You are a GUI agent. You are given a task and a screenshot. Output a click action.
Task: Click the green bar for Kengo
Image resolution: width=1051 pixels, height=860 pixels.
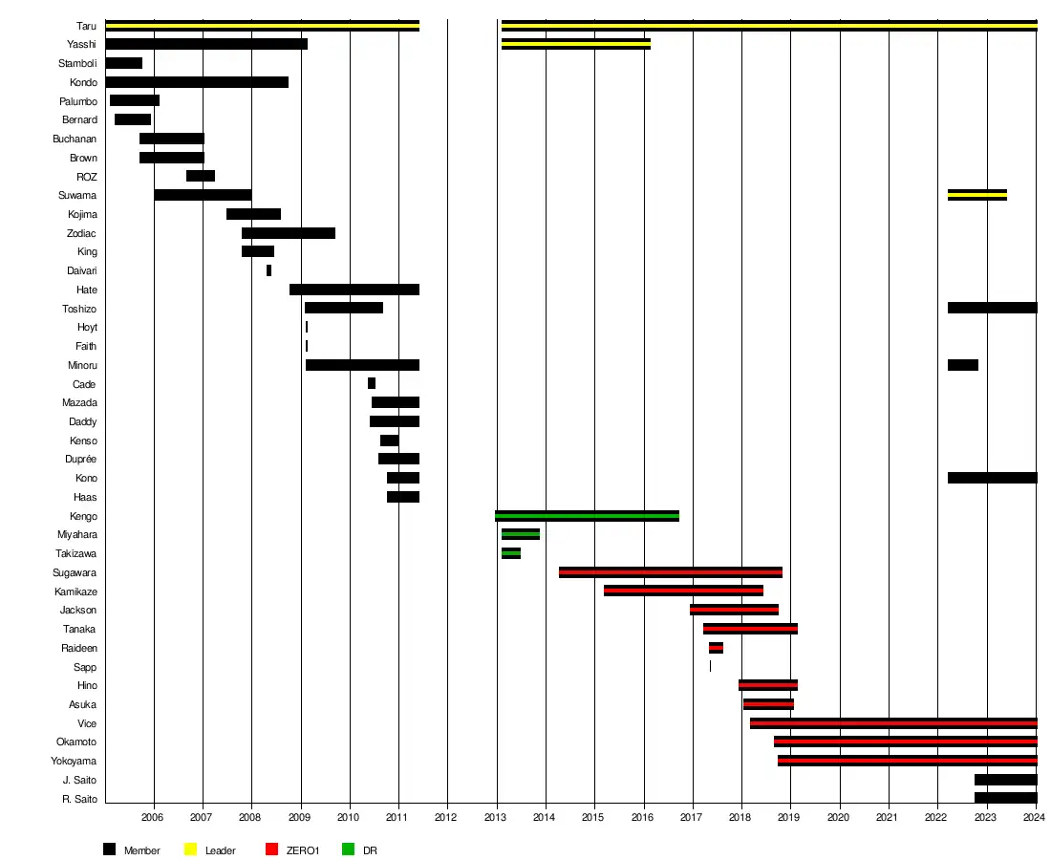pos(587,516)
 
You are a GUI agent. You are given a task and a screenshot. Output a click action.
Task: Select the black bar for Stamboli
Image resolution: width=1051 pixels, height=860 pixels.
pos(123,63)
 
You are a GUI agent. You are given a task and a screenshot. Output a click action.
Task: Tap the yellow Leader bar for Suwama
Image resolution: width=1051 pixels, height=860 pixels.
pos(976,195)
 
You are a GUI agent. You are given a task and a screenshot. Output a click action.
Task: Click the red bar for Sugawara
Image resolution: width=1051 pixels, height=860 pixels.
pos(670,572)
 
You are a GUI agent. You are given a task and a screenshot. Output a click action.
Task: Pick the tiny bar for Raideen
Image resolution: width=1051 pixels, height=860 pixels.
pos(716,648)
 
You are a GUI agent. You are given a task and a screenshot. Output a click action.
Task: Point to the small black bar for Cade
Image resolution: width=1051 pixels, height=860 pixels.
pos(371,383)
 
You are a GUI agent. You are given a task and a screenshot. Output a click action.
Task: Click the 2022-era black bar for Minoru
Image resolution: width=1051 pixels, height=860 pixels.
pos(962,365)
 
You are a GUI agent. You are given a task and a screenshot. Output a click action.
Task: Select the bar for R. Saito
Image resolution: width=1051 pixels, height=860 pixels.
pos(1005,798)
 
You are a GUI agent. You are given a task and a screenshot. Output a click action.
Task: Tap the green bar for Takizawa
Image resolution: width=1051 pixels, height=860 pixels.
pos(510,553)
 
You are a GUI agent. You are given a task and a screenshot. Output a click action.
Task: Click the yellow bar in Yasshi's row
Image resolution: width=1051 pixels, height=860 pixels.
pos(575,44)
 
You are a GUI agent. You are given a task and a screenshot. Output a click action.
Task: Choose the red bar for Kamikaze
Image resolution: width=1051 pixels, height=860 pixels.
pos(683,591)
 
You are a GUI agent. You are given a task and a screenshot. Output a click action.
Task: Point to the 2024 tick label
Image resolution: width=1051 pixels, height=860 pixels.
pos(1035,818)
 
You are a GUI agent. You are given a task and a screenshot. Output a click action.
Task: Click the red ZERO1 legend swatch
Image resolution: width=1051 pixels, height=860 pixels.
pos(271,849)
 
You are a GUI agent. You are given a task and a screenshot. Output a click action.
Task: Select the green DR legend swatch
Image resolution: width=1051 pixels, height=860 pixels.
pos(348,849)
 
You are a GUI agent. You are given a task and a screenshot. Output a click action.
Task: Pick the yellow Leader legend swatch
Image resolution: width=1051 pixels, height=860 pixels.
pos(190,849)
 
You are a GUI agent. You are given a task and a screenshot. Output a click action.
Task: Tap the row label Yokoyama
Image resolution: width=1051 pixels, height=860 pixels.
pos(74,761)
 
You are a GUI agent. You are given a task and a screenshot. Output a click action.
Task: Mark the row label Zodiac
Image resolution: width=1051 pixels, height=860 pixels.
pos(81,233)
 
